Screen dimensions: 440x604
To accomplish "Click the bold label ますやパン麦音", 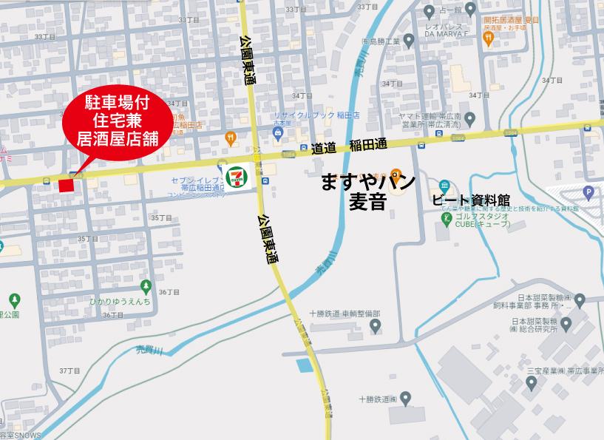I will [368, 192].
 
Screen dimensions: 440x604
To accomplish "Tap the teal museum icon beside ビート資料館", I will [443, 184].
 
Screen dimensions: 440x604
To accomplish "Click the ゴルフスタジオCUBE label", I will [482, 221].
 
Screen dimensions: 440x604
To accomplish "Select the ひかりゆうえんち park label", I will [120, 302].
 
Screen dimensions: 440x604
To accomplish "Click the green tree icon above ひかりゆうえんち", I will [146, 285].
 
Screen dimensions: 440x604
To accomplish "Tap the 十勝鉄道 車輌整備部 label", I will [345, 314].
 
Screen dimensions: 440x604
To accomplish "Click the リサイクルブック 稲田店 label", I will [316, 116].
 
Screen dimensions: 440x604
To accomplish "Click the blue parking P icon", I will [588, 193].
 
